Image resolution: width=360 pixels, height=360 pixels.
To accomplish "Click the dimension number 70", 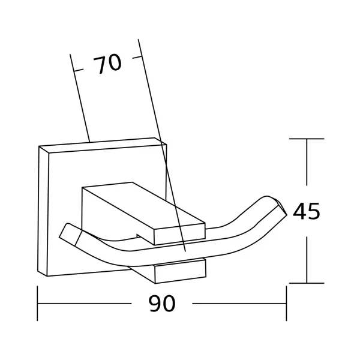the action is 107,64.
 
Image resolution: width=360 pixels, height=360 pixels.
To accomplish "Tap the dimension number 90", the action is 162,303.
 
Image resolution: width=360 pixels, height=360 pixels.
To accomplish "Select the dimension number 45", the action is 306,211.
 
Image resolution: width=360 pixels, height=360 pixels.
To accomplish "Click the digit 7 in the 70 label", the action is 99,65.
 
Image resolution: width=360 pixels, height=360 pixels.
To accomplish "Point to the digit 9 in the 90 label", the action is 155,303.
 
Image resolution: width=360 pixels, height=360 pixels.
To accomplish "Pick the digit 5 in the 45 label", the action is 314,211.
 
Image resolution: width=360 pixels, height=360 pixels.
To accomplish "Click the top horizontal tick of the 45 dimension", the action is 307,139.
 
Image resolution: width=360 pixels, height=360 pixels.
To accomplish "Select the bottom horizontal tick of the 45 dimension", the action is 307,283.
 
